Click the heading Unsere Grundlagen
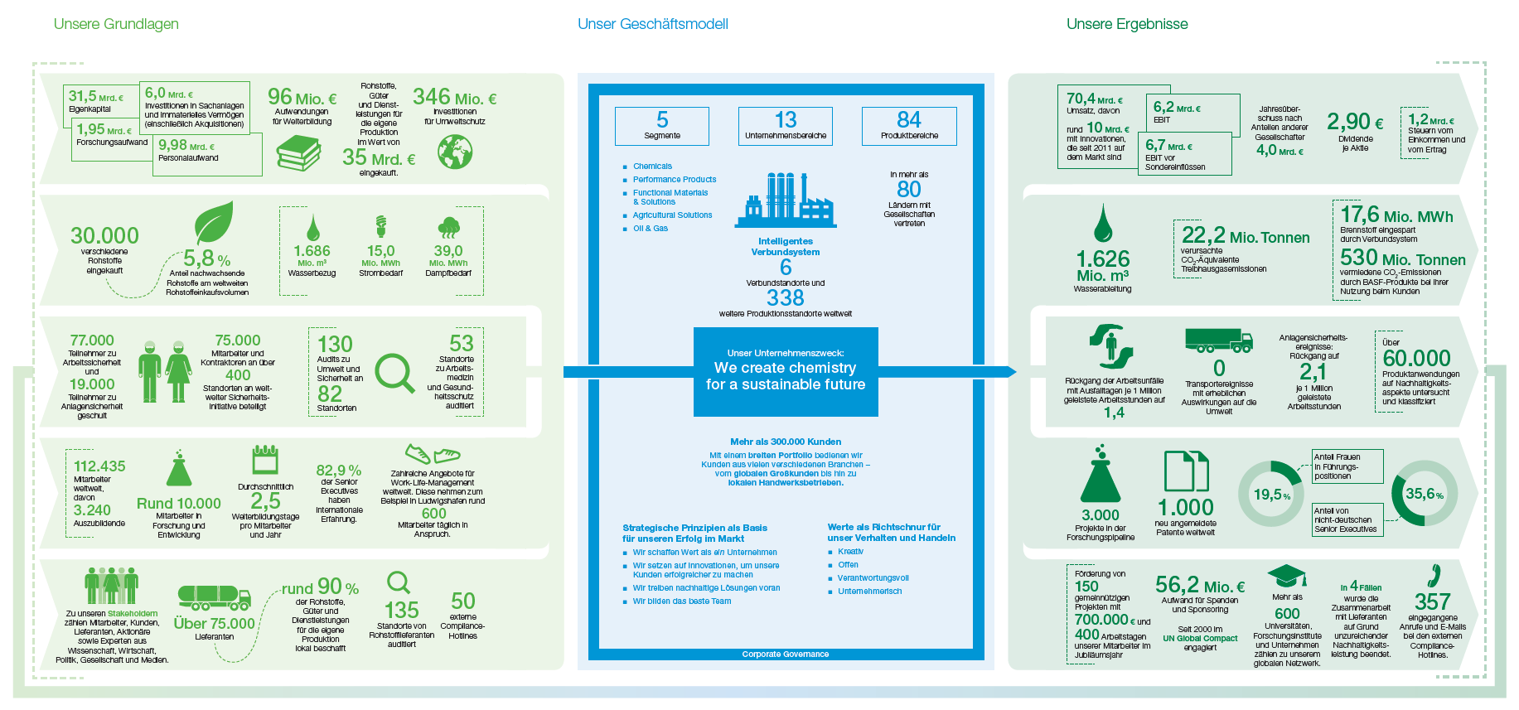[116, 24]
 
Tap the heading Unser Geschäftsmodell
[652, 24]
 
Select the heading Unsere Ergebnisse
[1127, 24]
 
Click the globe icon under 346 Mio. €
[455, 152]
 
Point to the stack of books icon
[298, 153]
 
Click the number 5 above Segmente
[662, 120]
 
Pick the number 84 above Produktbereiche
[909, 120]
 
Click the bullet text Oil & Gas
[651, 229]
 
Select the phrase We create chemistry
[785, 368]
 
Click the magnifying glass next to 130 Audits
[394, 374]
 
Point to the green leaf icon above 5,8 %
[214, 222]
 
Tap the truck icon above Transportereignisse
[1218, 340]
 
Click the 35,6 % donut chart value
[1424, 494]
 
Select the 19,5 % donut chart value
[1271, 495]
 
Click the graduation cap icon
[1287, 577]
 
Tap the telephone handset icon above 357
[1434, 575]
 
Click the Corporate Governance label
[785, 654]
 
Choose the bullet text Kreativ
[850, 552]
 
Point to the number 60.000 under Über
[1416, 358]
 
